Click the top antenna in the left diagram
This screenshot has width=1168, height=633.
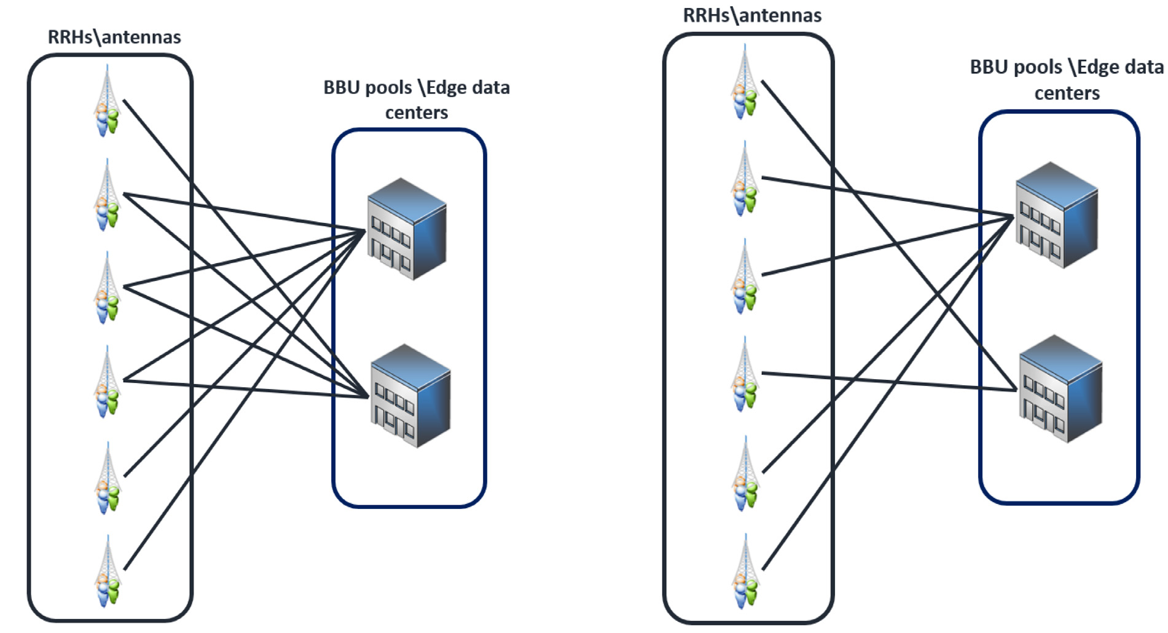(107, 101)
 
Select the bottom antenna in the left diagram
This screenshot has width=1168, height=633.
(107, 572)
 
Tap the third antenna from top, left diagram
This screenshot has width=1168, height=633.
(107, 288)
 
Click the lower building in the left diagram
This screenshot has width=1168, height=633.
(410, 396)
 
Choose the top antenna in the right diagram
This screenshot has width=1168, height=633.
(745, 82)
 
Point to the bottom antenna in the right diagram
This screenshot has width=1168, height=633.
(745, 572)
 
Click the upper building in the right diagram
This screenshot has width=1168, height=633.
(1056, 215)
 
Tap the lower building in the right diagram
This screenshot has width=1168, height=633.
(1060, 388)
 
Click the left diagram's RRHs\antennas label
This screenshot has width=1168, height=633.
(114, 37)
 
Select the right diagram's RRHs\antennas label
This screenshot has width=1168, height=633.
(752, 15)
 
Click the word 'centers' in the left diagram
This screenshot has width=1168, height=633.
(417, 113)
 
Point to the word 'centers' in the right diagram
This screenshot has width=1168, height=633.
(1067, 93)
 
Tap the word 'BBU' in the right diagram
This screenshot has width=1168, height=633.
(990, 67)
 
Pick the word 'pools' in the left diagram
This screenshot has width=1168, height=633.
(389, 88)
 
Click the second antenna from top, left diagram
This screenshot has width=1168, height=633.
(107, 195)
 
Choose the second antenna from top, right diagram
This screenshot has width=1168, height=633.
(745, 178)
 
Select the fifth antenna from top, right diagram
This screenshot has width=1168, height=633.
(745, 473)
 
